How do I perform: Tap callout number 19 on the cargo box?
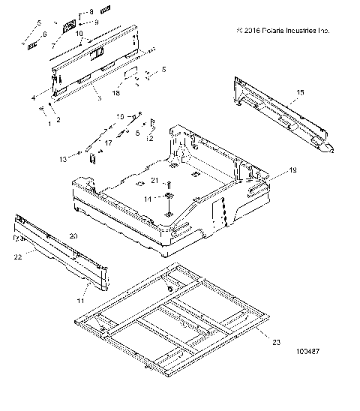coord(293,171)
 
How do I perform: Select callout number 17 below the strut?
coord(107,142)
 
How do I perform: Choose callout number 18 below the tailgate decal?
coord(116,93)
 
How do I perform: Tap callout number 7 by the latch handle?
coord(53,45)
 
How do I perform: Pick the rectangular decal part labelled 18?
coord(129,75)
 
